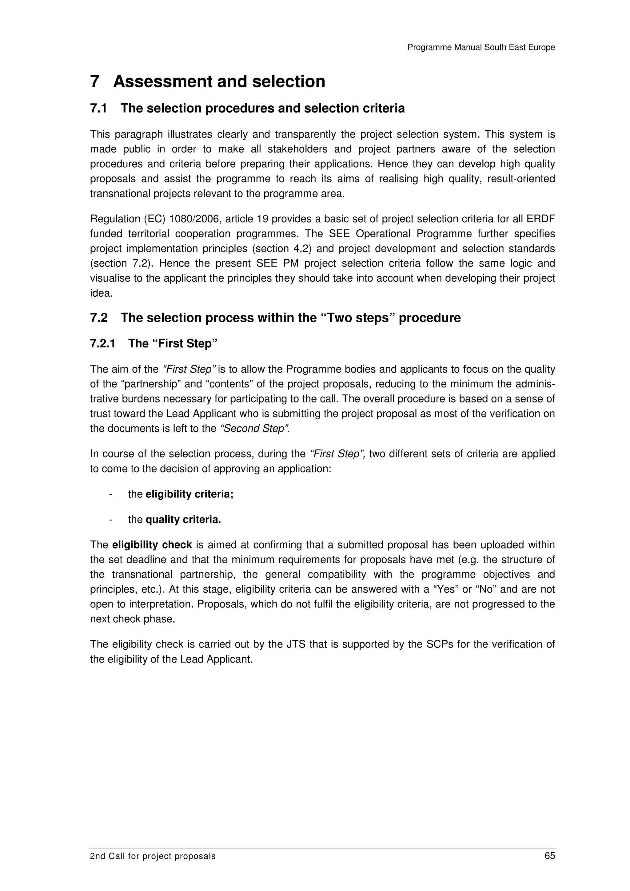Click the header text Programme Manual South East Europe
pyautogui.click(x=481, y=47)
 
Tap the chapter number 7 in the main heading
pyautogui.click(x=95, y=82)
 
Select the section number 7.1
pyautogui.click(x=99, y=108)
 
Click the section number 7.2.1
pyautogui.click(x=102, y=343)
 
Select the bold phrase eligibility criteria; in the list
pyautogui.click(x=189, y=494)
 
